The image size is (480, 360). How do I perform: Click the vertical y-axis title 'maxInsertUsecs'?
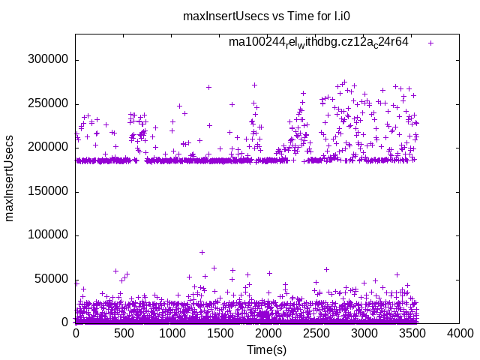(10, 178)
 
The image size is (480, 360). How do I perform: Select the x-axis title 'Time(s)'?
(267, 349)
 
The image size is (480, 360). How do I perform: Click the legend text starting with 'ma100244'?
(319, 42)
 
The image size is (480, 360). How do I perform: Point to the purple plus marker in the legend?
(430, 43)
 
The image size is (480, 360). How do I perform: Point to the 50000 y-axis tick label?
(52, 279)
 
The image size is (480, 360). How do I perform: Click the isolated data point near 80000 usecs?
(202, 252)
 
